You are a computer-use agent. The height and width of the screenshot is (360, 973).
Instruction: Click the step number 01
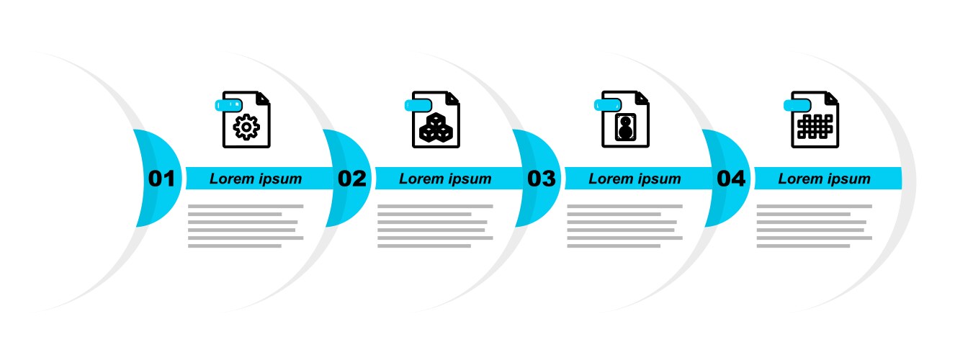[x=161, y=179]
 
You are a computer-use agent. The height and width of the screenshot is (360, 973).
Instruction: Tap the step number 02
[x=352, y=179]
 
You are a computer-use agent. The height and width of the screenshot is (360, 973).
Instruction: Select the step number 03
[x=541, y=179]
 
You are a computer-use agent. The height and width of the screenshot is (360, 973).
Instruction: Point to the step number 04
[x=731, y=179]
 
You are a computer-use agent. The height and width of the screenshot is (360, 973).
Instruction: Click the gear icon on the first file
[x=246, y=127]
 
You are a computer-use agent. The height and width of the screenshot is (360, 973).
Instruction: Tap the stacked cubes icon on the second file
[x=436, y=127]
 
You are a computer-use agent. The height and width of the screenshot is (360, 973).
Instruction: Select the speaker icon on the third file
[x=625, y=127]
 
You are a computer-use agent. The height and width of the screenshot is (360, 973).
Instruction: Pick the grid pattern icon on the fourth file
[x=815, y=127]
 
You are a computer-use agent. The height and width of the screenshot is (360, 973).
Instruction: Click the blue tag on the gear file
[x=228, y=105]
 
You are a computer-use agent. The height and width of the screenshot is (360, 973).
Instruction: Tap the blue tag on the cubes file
[x=418, y=105]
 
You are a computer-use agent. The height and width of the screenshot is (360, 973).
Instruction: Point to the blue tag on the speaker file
[x=608, y=105]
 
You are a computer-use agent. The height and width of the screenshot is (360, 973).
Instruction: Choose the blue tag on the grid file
[x=797, y=105]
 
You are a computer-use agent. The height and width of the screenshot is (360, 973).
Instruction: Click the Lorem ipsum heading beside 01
[x=256, y=179]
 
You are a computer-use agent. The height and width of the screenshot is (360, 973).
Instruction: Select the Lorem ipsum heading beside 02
[x=445, y=179]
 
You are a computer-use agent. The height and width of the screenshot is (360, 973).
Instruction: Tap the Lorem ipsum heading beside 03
[x=635, y=179]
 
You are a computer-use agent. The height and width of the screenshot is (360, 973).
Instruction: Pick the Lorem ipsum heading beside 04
[x=824, y=179]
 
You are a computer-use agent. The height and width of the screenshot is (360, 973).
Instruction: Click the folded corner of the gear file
[x=263, y=99]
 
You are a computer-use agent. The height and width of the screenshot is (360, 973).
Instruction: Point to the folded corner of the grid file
[x=831, y=99]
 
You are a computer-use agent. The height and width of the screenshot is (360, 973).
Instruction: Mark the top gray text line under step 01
[x=246, y=206]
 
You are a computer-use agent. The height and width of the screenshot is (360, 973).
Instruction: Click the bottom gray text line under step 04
[x=803, y=246]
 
